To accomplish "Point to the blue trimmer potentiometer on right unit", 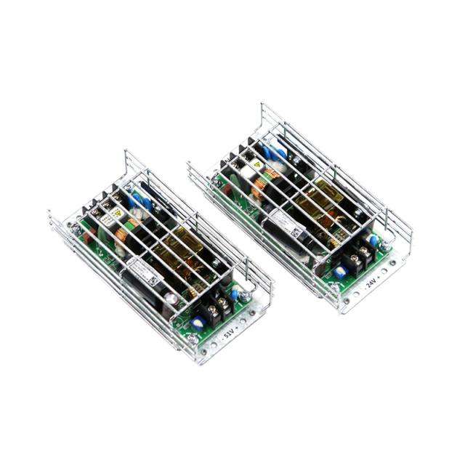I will click(x=337, y=271).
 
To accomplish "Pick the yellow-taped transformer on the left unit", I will click(x=179, y=251).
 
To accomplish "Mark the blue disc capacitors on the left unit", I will click(x=135, y=199).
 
